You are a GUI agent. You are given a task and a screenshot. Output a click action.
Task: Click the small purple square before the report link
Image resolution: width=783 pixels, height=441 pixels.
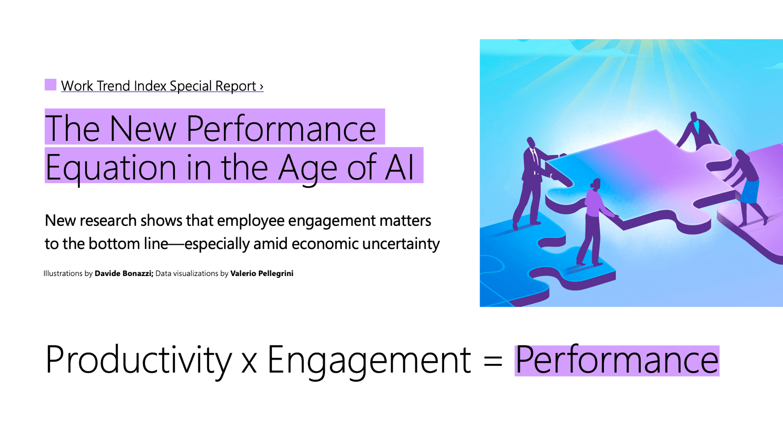pyautogui.click(x=50, y=85)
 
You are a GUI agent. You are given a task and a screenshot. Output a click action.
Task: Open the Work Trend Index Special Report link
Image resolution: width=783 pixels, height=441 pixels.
pyautogui.click(x=162, y=86)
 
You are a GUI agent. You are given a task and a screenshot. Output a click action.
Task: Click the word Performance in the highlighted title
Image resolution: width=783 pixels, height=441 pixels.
pyautogui.click(x=281, y=128)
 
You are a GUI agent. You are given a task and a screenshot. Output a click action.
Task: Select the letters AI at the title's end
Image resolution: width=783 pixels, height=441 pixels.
pyautogui.click(x=400, y=167)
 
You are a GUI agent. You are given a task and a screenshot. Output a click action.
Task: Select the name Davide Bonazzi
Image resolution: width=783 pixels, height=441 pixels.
pyautogui.click(x=124, y=274)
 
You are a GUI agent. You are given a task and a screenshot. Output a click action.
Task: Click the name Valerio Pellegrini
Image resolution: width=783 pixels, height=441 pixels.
pyautogui.click(x=261, y=274)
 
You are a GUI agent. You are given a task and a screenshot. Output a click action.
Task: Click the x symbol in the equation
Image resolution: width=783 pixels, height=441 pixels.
pyautogui.click(x=249, y=363)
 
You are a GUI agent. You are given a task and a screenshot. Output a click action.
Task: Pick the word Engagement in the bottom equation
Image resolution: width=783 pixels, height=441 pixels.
pyautogui.click(x=369, y=360)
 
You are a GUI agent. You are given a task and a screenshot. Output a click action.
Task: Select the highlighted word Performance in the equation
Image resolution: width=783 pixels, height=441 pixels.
pyautogui.click(x=617, y=360)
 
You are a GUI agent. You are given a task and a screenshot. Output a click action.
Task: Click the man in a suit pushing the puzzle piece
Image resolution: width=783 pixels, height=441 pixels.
pyautogui.click(x=530, y=180)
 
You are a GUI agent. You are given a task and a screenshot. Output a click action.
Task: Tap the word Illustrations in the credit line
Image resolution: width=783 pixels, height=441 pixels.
pyautogui.click(x=63, y=274)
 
